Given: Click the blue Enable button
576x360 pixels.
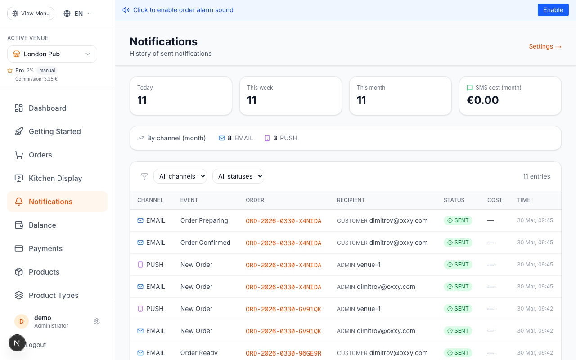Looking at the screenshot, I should (x=553, y=10).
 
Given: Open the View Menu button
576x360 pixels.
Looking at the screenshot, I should (x=31, y=13).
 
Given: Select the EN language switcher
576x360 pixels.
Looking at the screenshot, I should (x=77, y=13).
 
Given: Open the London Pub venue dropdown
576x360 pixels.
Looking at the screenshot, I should (x=52, y=54).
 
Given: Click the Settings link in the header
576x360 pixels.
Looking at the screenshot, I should (x=545, y=46).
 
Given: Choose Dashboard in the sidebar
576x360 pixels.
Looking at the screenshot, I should (x=47, y=108).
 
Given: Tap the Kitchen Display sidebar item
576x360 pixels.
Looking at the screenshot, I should (x=55, y=178).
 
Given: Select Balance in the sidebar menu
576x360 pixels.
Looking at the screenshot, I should (x=42, y=225).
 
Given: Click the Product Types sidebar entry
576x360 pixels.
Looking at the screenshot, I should (x=54, y=295).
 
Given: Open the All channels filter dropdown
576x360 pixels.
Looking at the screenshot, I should (x=180, y=176).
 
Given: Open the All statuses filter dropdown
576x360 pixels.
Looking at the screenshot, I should (x=238, y=176).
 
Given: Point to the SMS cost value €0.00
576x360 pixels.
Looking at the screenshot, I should (x=483, y=100).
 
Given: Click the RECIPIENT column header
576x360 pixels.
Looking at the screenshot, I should (x=351, y=200).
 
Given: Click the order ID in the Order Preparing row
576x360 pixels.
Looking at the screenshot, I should (x=283, y=221).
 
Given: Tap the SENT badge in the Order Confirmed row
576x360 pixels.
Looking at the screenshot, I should (x=458, y=243).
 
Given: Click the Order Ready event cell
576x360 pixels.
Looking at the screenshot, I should (x=199, y=353).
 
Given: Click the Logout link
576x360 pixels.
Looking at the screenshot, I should (x=36, y=345).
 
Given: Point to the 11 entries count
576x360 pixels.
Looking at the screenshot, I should (x=536, y=176).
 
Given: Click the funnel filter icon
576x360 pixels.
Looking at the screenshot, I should (x=144, y=176).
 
